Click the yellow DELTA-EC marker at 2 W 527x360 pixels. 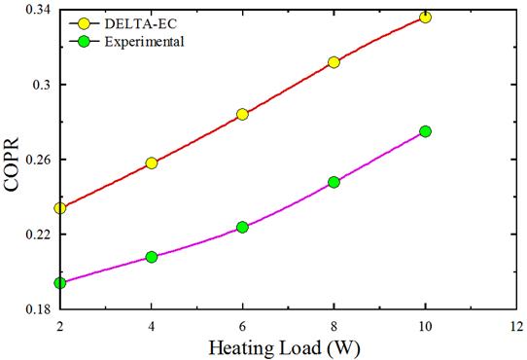[60, 208]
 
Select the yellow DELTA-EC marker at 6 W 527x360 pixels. [242, 114]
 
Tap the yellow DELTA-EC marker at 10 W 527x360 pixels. [425, 18]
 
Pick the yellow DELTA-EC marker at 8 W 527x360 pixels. [334, 62]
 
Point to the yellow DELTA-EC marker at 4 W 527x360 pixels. [152, 163]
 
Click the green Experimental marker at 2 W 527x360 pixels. [60, 283]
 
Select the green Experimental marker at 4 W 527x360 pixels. [152, 257]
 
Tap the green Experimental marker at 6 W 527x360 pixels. [242, 228]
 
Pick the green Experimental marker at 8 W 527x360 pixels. [334, 182]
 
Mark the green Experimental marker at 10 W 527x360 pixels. [425, 131]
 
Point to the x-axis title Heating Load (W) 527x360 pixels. [286, 345]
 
